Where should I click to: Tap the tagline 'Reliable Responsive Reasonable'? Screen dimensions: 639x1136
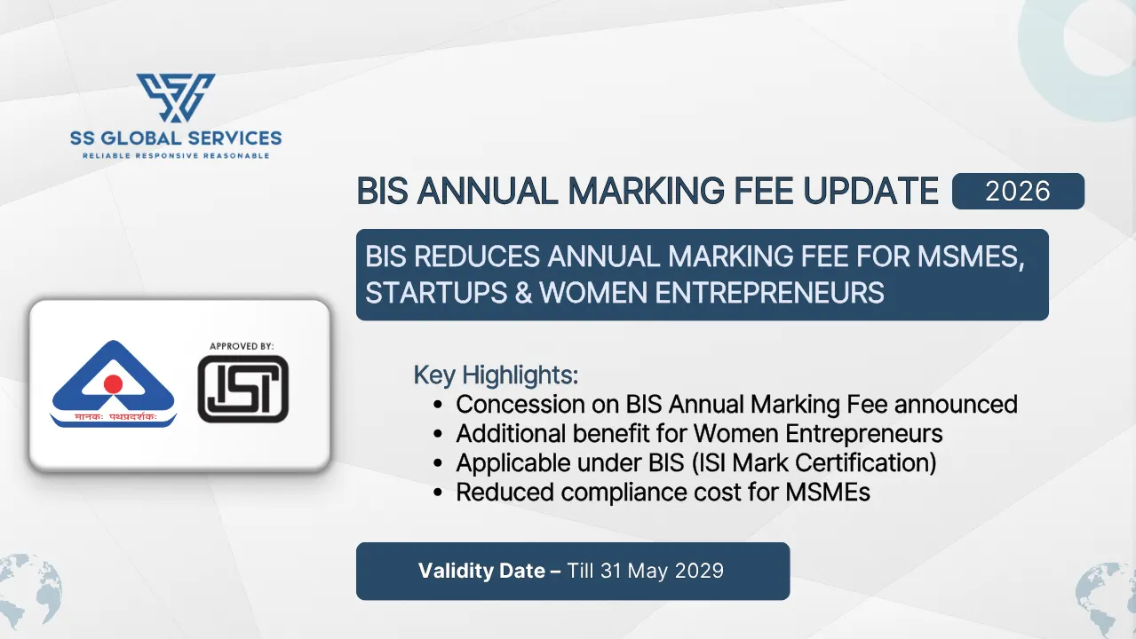point(176,156)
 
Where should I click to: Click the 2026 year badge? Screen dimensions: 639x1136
point(1018,191)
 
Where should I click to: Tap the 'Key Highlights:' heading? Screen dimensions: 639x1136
point(496,375)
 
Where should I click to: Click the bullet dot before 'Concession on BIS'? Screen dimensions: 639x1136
point(438,406)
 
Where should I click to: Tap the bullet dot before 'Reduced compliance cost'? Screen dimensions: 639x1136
point(438,493)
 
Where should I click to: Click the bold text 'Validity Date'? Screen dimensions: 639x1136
point(481,571)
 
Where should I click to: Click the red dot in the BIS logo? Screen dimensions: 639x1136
point(113,383)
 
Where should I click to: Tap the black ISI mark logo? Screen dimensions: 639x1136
point(243,389)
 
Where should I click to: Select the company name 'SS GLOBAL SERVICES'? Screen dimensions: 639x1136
point(176,138)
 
